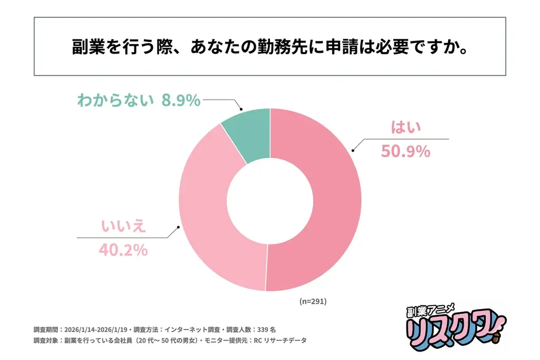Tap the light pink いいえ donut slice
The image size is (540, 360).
(211, 221)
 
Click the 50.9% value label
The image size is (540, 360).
(405, 152)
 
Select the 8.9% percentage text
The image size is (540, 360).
(181, 100)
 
